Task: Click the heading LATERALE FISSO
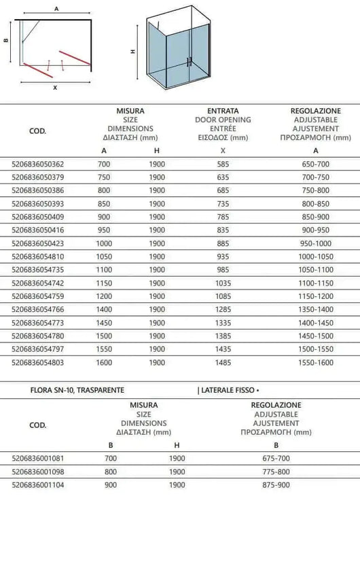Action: pos(228,391)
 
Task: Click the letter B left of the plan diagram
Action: pos(5,41)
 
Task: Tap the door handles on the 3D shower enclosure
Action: pos(188,61)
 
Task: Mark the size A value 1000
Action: pos(104,243)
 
